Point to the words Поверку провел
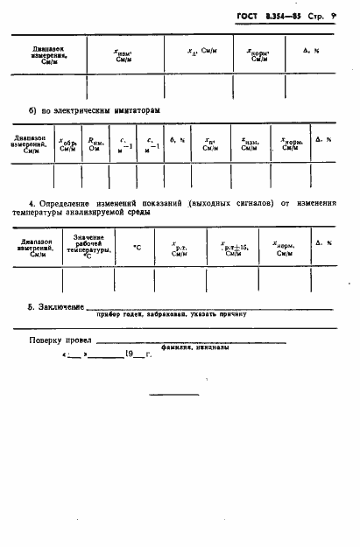pyautogui.click(x=59, y=340)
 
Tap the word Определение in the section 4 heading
pyautogui.click(x=65, y=203)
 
